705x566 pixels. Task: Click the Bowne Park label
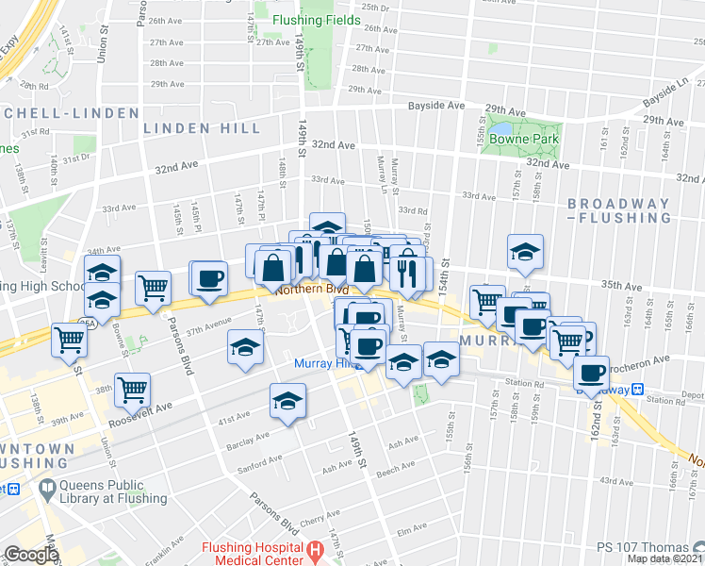point(530,139)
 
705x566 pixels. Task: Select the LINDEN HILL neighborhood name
point(194,126)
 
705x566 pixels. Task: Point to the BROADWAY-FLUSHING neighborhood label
point(619,210)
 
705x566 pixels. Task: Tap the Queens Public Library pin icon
point(47,489)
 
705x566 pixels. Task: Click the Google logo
point(31,555)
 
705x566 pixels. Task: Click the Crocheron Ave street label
point(641,358)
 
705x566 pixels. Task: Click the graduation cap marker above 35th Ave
point(525,251)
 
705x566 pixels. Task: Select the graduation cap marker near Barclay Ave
point(288,401)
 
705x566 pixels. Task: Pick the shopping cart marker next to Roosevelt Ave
point(133,387)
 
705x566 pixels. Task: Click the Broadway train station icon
point(637,388)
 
